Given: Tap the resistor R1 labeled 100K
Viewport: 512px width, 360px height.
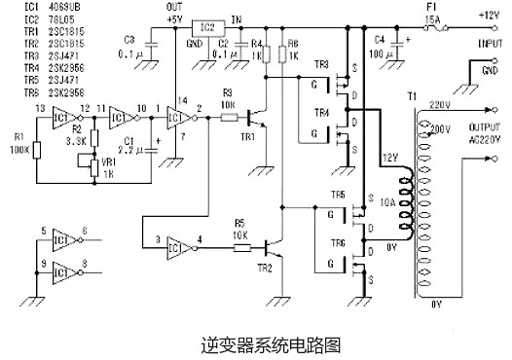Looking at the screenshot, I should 37,151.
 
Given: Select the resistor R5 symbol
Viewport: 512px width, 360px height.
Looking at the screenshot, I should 244,247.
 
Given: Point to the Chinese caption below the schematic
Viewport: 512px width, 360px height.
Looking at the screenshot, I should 256,342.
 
